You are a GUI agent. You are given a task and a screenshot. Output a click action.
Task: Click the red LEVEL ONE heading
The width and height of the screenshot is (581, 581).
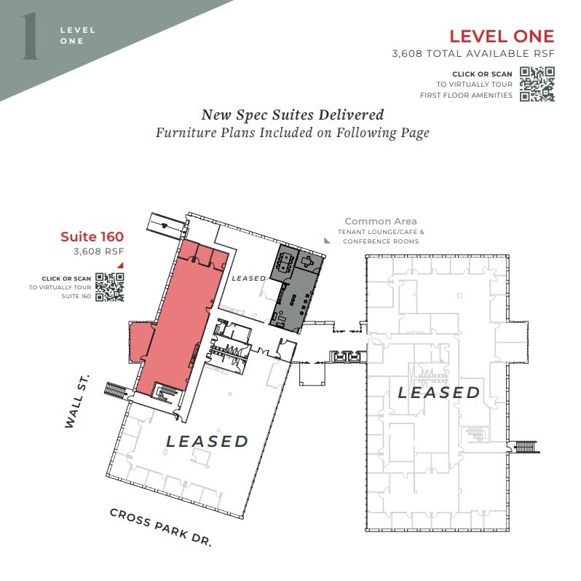[501, 36]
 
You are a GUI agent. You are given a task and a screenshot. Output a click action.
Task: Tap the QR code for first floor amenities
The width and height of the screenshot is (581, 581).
[537, 84]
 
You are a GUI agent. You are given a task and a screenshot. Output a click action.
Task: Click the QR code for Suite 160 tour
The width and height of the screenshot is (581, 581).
[110, 286]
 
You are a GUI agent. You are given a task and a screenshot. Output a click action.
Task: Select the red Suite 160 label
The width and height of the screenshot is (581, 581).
[92, 236]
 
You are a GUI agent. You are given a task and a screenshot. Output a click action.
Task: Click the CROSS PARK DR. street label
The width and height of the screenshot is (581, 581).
[161, 527]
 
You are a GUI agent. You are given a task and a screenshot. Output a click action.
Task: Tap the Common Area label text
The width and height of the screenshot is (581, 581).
[380, 221]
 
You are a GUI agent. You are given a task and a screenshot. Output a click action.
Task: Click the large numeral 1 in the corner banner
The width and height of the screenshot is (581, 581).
[30, 36]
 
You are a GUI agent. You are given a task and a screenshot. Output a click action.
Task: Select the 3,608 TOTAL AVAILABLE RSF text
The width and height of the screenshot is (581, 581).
[473, 54]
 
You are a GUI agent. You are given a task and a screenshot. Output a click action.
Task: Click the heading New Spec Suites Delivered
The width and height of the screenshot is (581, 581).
[292, 115]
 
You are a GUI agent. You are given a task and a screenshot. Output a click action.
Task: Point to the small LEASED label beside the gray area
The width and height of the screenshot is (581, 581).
[248, 278]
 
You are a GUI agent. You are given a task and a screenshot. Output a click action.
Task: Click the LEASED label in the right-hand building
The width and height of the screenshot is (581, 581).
[438, 393]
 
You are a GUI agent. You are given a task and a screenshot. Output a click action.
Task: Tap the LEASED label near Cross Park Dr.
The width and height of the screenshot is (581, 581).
[207, 441]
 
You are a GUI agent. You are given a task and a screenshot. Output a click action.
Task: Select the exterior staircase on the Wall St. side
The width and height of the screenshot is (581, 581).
[116, 389]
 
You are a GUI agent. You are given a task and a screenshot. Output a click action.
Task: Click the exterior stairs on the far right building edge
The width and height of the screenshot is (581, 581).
[526, 445]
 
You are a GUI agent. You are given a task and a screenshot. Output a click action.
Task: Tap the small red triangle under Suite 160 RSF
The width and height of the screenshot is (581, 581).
[120, 265]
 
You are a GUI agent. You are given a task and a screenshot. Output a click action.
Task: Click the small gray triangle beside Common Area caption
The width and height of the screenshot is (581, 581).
[327, 239]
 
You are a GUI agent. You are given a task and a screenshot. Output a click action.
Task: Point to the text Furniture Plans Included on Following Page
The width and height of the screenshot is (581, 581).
[292, 133]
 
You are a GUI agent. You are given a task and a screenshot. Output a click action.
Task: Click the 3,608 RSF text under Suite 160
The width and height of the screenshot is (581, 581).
[98, 251]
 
